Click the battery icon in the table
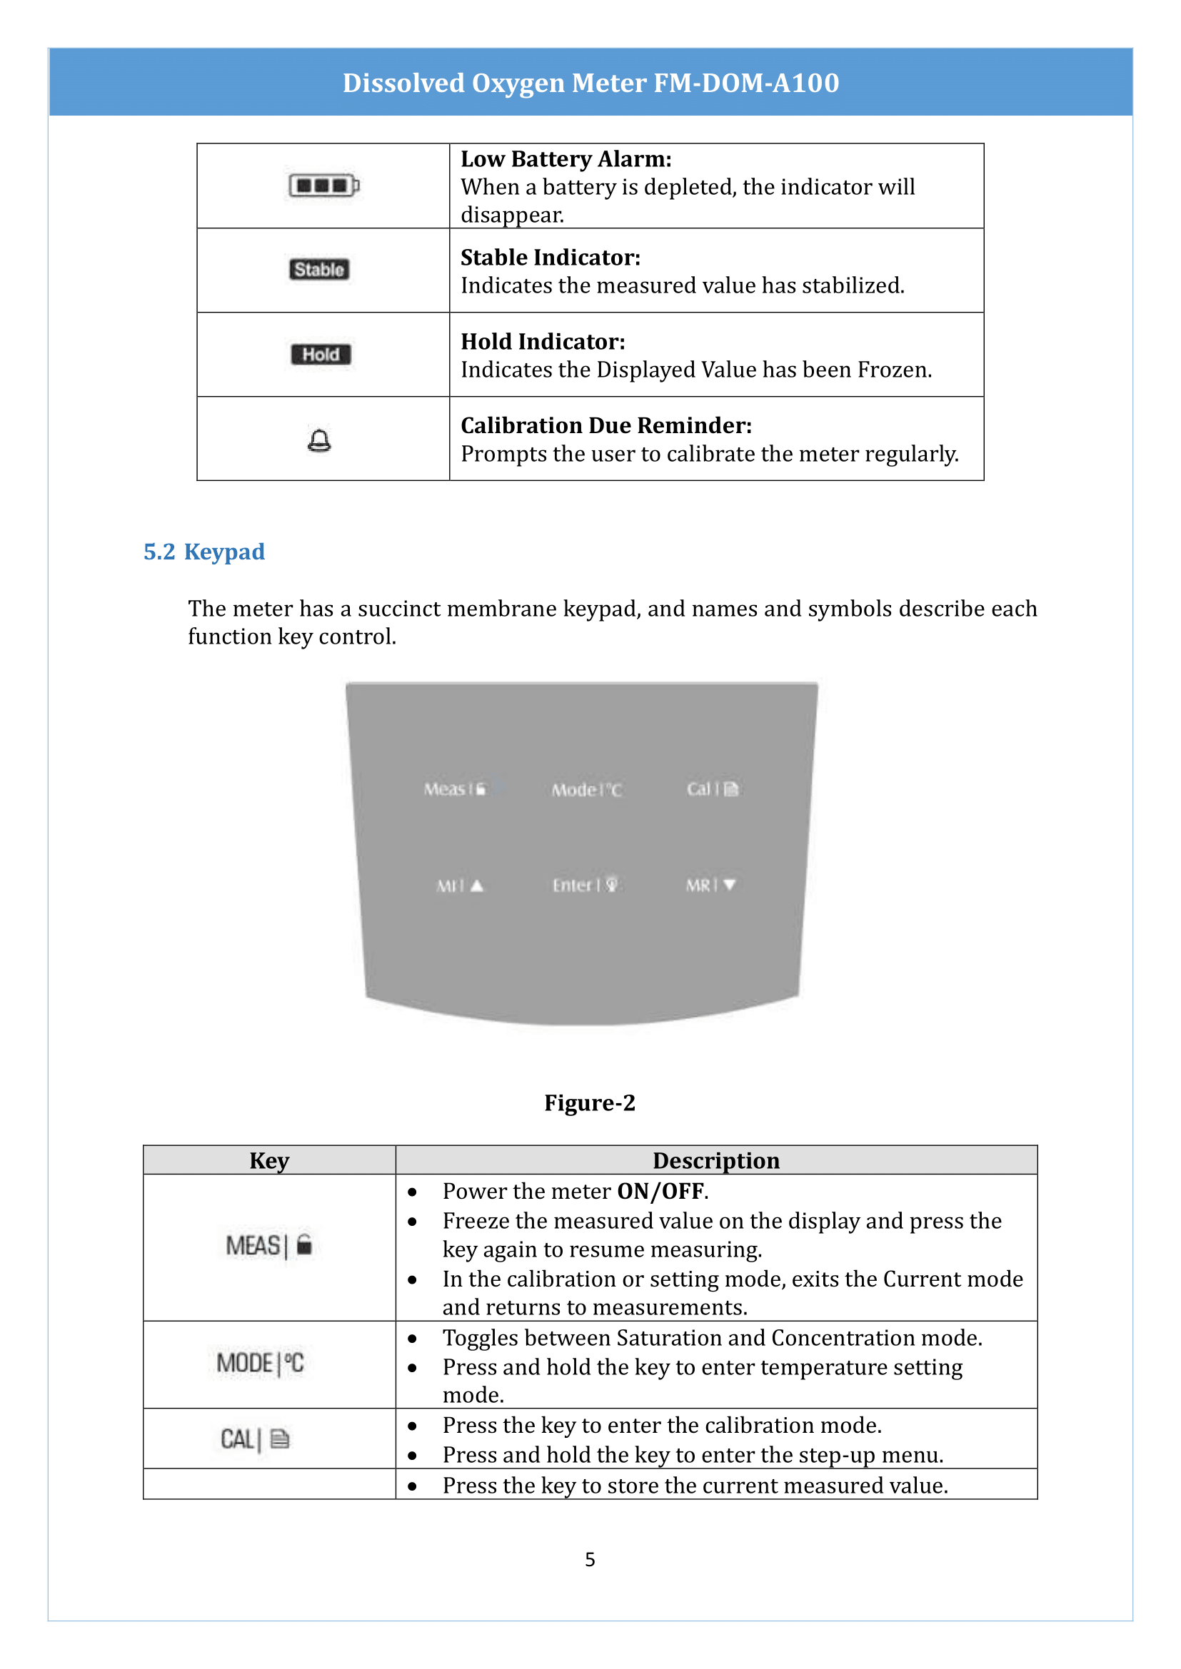tap(323, 186)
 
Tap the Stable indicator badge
tap(319, 270)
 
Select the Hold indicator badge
tap(321, 355)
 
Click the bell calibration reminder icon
tap(319, 440)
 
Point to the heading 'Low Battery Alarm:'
tap(566, 159)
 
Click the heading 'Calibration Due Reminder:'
tap(605, 425)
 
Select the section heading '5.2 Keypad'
tap(203, 552)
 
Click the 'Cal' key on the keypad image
tap(712, 788)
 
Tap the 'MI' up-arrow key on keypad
tap(460, 886)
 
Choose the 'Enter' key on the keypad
tap(585, 886)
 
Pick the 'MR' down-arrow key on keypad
tap(710, 886)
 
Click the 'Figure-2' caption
tap(590, 1102)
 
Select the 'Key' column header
tap(269, 1161)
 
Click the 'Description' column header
tap(715, 1161)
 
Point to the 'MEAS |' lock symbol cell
tap(269, 1245)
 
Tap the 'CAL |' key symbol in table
tap(255, 1439)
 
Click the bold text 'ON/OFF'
tap(660, 1192)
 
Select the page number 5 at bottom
tap(590, 1559)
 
